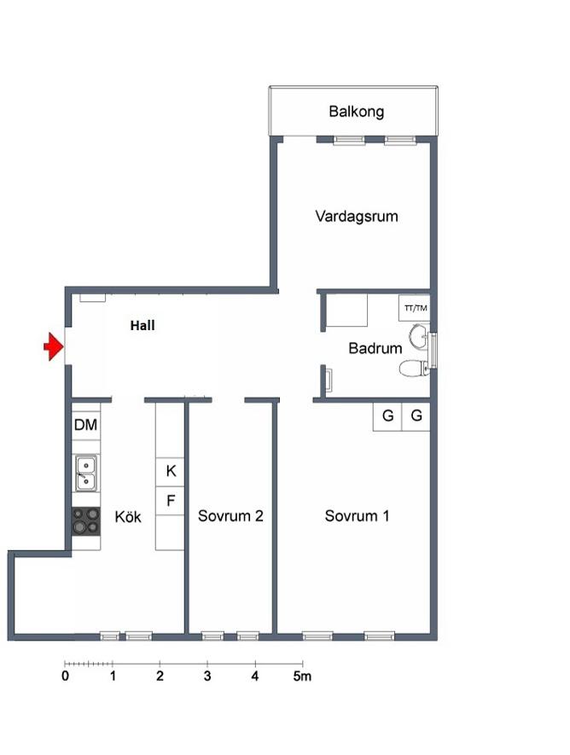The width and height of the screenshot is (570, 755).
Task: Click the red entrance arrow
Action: point(54,346)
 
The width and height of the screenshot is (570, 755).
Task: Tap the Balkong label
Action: point(357,112)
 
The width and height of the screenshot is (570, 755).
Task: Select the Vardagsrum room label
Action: point(357,216)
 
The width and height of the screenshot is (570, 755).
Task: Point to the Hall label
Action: point(142,326)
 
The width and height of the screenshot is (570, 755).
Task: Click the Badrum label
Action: point(375,348)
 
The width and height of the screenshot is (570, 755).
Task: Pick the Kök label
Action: point(128,517)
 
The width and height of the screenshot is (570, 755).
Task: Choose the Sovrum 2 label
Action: point(230,515)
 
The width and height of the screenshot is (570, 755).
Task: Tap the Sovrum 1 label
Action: point(357,515)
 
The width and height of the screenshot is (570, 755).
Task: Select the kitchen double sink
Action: point(85,473)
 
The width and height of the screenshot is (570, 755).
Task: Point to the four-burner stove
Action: point(85,521)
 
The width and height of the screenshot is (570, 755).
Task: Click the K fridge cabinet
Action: point(170,472)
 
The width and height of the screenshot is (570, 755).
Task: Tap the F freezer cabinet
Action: point(170,501)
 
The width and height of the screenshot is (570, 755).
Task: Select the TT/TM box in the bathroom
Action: point(414,308)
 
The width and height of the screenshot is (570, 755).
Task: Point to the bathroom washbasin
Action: point(418,335)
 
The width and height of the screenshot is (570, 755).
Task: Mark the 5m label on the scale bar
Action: point(302,676)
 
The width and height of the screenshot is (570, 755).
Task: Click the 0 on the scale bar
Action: point(65,676)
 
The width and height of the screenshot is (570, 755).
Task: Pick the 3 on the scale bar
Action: point(207,676)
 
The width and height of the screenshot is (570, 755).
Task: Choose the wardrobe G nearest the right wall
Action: point(416,416)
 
